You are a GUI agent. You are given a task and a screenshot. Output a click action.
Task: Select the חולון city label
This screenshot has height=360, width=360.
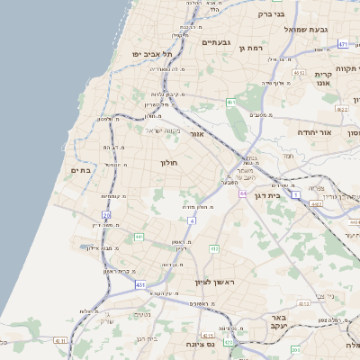(x=169, y=163)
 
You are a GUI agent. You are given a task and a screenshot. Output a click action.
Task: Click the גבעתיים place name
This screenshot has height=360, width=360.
(x=217, y=42)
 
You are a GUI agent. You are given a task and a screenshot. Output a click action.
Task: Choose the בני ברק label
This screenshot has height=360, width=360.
(x=271, y=13)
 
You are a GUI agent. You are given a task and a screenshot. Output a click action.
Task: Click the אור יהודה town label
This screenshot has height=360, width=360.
(x=315, y=132)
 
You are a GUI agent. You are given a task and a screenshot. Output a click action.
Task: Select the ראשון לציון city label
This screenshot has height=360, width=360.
(x=213, y=282)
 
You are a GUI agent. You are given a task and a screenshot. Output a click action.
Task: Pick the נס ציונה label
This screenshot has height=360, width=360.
(x=198, y=344)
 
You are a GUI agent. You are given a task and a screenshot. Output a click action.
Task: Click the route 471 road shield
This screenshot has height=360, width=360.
(x=343, y=43)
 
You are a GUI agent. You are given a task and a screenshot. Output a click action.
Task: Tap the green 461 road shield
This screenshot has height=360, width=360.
(x=230, y=103)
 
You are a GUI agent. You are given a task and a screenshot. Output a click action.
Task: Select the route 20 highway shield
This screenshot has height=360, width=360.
(x=106, y=214)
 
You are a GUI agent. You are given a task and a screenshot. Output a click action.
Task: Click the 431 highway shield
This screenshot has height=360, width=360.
(x=140, y=284)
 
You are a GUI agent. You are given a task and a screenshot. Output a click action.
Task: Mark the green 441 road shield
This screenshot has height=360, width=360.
(x=139, y=237)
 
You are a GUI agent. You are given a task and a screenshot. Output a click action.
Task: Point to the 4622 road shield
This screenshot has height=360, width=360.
(x=342, y=109)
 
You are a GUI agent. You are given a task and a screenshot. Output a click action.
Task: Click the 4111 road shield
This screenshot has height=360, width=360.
(x=60, y=340)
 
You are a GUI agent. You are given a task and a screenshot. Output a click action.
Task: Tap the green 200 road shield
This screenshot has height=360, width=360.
(x=294, y=348)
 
